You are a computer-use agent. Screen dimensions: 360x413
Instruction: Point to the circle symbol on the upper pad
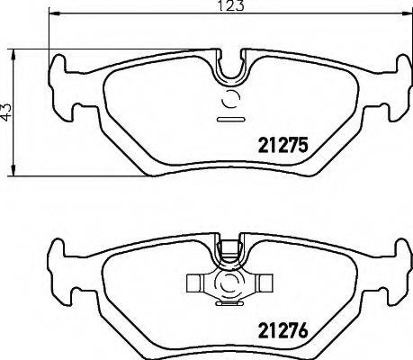coord(231,100)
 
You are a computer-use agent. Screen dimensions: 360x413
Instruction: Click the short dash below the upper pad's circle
coord(231,119)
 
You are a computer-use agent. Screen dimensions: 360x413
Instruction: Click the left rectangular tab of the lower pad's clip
coord(196,286)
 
